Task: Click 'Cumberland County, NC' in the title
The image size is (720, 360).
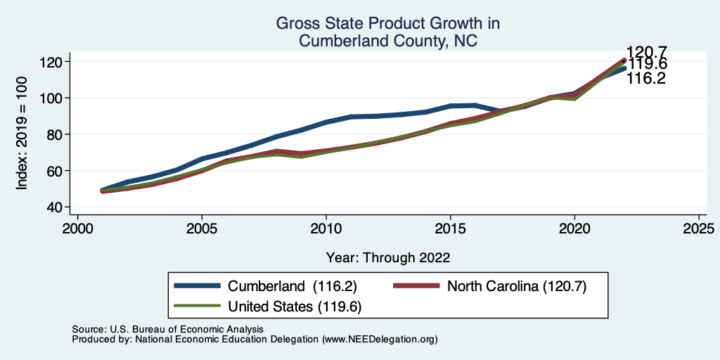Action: click(388, 41)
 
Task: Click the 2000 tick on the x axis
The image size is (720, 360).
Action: click(77, 229)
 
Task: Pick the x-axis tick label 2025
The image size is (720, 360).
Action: click(699, 229)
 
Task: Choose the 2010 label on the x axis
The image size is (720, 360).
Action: click(326, 229)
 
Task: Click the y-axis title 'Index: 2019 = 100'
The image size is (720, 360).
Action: click(22, 134)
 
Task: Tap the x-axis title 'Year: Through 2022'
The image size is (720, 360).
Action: click(388, 257)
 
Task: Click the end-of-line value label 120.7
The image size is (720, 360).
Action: click(646, 52)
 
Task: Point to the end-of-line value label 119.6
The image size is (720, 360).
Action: click(648, 65)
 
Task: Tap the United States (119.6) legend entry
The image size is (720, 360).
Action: click(295, 306)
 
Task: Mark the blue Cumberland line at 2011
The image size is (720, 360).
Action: click(351, 117)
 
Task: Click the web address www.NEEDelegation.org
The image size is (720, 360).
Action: click(380, 339)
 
